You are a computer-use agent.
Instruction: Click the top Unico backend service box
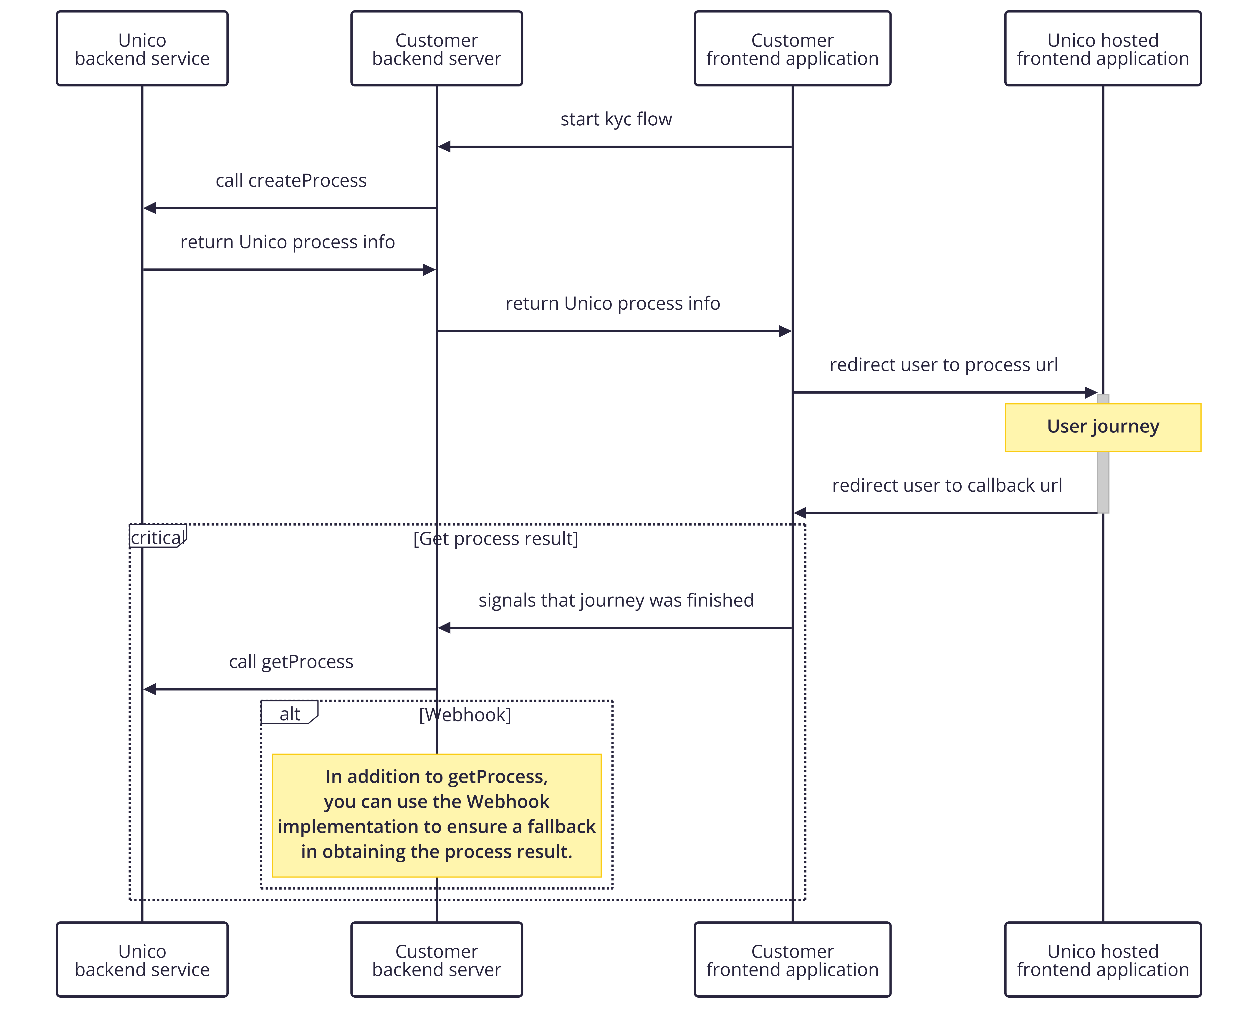pos(142,48)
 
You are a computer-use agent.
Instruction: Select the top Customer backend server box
pos(437,48)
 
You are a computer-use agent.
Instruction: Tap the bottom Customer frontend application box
pos(792,959)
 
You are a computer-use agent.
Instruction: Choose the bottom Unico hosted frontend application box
pos(1103,959)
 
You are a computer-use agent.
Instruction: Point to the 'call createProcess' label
pos(291,181)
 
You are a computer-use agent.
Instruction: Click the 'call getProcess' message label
pos(291,662)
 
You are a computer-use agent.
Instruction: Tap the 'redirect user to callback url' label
pos(947,486)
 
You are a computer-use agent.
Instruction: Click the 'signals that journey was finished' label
pos(616,600)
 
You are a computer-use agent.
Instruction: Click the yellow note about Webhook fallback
pos(437,815)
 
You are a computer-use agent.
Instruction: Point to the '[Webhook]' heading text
pos(465,715)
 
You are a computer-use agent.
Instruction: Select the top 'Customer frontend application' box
pos(792,48)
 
